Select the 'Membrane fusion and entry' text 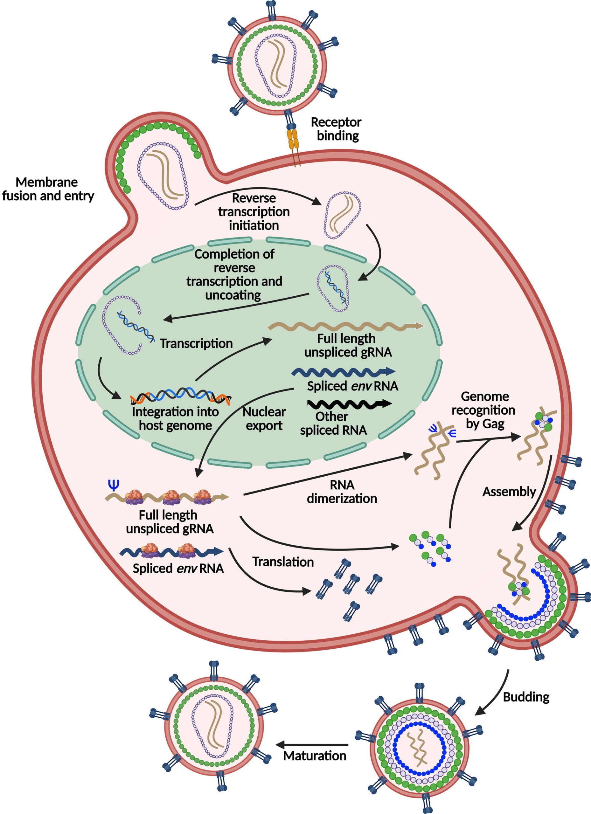click(x=48, y=189)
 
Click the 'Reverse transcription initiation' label click(x=254, y=211)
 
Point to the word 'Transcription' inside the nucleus click(x=196, y=343)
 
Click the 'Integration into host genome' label click(x=175, y=418)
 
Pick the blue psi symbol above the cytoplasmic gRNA click(x=114, y=485)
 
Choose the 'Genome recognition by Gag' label click(x=483, y=410)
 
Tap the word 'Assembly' click(x=509, y=491)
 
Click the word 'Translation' click(x=283, y=562)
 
